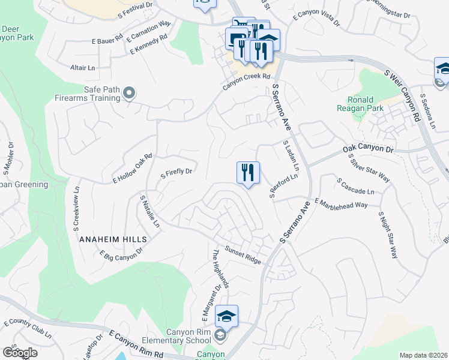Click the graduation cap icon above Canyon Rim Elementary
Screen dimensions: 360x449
coord(226,316)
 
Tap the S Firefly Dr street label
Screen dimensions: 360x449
coord(176,174)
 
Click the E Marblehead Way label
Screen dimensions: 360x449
coord(340,204)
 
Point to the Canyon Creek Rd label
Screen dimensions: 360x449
coord(247,81)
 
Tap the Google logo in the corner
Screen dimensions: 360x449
coord(20,352)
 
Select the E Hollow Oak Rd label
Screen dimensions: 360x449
coord(133,169)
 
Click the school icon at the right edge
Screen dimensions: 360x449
coord(443,70)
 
